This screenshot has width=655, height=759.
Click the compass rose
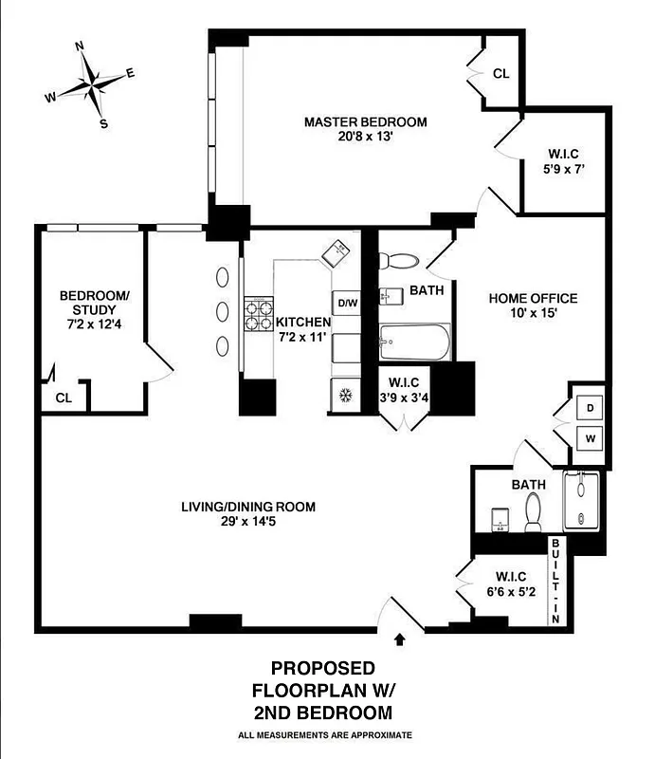92,83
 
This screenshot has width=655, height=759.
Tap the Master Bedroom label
365,129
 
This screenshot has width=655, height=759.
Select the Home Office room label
533,305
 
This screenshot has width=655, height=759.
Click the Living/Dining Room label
248,514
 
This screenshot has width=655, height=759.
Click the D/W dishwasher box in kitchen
348,303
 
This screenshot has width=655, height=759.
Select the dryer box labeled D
590,407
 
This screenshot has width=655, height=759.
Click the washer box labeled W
590,438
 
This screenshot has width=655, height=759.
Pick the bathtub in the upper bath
413,342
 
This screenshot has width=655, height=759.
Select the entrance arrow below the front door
399,640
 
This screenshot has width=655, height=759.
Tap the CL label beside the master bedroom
500,74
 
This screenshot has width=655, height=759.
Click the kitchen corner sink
337,252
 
